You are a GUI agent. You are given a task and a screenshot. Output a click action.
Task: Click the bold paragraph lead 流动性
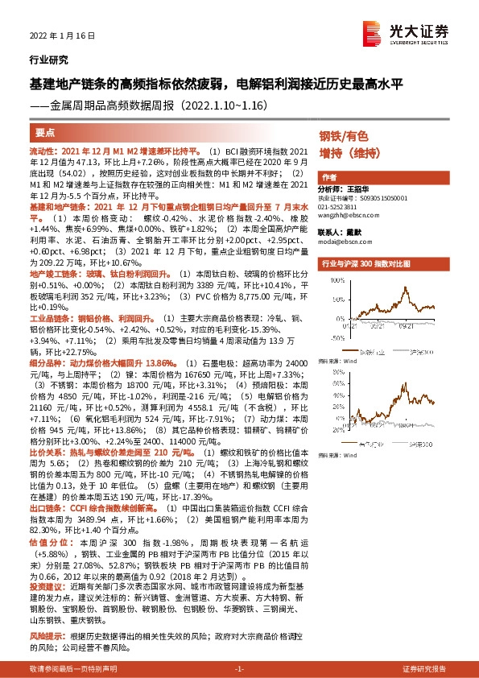[40, 151]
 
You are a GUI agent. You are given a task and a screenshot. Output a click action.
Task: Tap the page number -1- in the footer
[239, 669]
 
